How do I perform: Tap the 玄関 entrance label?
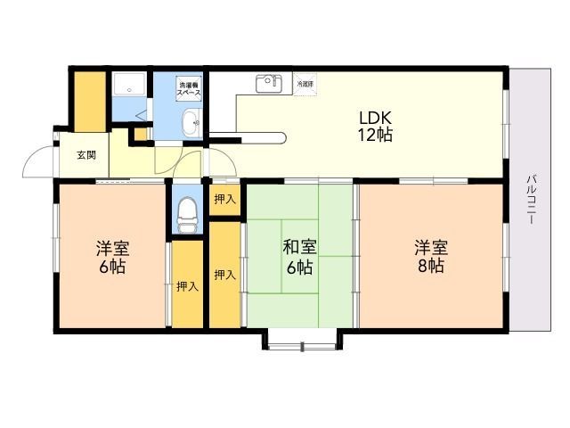tap(86, 155)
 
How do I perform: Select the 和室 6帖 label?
tap(298, 257)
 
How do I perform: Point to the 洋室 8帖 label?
tap(428, 257)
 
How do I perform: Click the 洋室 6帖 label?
tap(112, 257)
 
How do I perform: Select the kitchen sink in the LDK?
tap(267, 84)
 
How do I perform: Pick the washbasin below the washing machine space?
tap(190, 124)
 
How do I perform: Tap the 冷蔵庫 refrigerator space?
tap(305, 84)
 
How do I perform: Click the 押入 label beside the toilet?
tap(224, 200)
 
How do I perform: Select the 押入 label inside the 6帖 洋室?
tap(187, 286)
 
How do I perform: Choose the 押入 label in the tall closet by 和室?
tap(224, 275)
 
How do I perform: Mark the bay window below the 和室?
tap(299, 340)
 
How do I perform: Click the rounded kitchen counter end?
tap(279, 136)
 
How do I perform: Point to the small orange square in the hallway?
tap(139, 135)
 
